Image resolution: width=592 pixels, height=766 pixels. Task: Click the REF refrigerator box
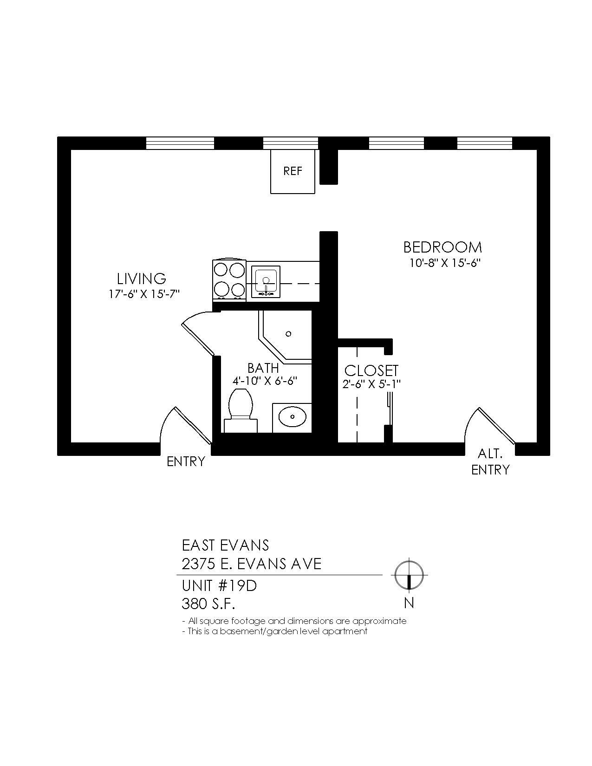[293, 171]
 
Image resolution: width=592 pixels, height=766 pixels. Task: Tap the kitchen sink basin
[266, 281]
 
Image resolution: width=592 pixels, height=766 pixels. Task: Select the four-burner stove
[229, 280]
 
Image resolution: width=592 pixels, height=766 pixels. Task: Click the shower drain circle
[288, 334]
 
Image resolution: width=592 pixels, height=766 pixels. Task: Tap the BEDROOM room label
[442, 247]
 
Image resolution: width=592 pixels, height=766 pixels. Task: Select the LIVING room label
[141, 279]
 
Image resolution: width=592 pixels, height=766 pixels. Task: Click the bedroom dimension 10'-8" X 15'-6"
[444, 263]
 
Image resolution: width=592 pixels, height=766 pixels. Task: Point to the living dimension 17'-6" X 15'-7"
[144, 294]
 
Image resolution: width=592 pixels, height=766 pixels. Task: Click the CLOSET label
[371, 370]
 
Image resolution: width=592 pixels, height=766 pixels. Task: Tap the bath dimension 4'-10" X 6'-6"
[265, 381]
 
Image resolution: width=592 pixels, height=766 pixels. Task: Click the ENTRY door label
[186, 461]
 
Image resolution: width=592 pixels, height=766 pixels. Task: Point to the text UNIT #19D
[219, 586]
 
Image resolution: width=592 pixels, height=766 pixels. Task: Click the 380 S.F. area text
[208, 604]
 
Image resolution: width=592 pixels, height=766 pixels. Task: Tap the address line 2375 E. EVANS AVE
[251, 564]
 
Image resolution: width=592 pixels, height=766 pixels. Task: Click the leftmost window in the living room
[180, 143]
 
